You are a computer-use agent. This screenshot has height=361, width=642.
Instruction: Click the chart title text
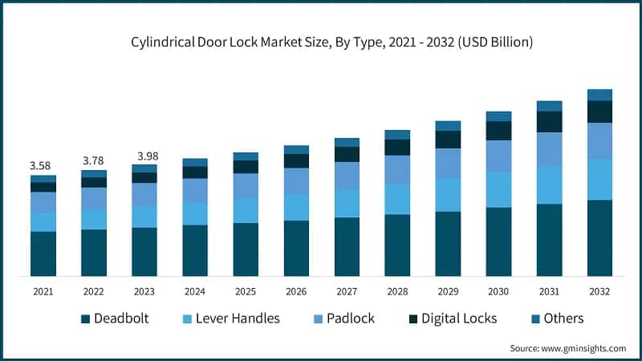(x=321, y=43)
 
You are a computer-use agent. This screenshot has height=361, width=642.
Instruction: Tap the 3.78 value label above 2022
(x=94, y=160)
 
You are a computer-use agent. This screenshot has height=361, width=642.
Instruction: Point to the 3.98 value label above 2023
(x=144, y=155)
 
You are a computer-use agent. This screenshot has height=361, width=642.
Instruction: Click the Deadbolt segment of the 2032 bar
(x=599, y=237)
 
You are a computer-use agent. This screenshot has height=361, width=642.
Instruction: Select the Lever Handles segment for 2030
(x=498, y=189)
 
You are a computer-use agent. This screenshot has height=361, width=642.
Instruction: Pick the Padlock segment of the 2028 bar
(x=397, y=169)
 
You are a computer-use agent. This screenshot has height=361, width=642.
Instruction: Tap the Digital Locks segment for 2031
(x=549, y=121)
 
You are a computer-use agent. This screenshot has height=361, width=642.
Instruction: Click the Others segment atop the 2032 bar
(x=599, y=95)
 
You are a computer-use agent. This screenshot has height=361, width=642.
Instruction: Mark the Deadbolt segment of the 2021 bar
(x=43, y=254)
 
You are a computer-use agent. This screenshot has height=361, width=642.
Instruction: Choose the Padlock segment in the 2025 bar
(x=246, y=185)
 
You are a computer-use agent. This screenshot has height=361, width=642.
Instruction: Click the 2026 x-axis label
(x=296, y=291)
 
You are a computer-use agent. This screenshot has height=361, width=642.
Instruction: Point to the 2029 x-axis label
(x=448, y=291)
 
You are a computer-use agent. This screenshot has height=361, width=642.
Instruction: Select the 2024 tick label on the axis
(x=195, y=291)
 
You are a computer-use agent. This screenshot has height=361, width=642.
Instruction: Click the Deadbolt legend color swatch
(x=85, y=318)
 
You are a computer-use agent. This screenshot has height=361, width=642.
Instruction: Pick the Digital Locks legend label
(x=459, y=318)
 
